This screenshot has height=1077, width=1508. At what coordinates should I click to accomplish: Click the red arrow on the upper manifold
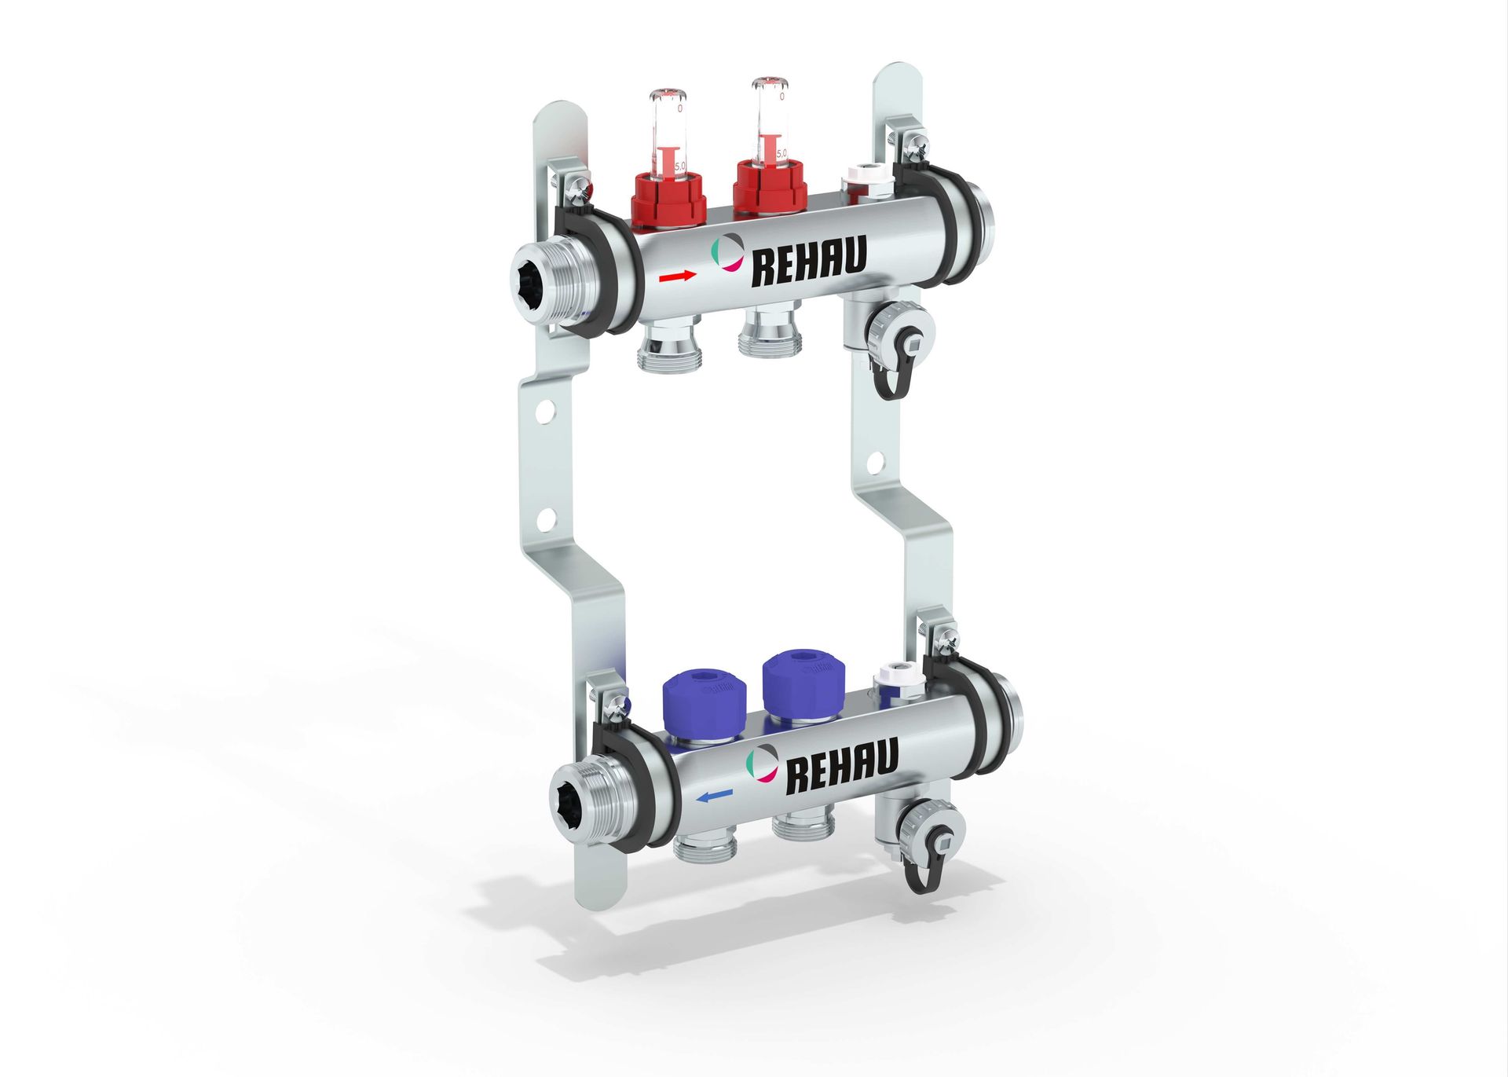point(677,276)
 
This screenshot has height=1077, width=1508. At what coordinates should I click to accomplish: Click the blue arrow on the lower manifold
point(714,797)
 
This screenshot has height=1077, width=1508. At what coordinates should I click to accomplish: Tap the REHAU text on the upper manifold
point(809,262)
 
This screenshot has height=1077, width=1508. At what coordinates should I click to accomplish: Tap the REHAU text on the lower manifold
point(841,767)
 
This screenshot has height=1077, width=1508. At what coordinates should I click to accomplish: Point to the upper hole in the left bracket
point(547,411)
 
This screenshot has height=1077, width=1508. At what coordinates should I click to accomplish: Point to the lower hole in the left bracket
point(547,518)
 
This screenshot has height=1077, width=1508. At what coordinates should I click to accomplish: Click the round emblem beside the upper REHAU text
point(727,253)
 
